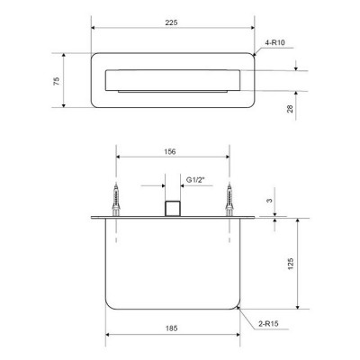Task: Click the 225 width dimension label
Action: [171, 22]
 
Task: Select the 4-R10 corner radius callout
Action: [274, 42]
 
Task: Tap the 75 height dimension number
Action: [57, 81]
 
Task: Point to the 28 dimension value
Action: [290, 109]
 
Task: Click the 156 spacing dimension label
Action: [170, 152]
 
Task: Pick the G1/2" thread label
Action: [195, 180]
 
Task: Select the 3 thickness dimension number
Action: [270, 200]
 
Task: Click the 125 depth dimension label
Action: [291, 264]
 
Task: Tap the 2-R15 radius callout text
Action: [268, 324]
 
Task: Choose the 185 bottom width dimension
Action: [171, 328]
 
